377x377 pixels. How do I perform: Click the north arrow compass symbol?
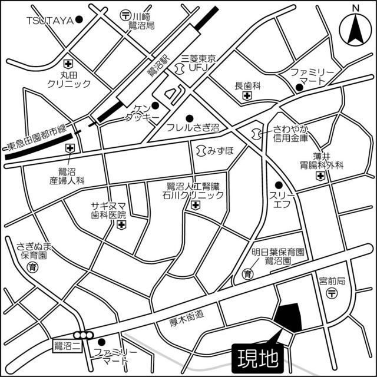[355, 27]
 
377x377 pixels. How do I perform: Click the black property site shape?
[289, 318]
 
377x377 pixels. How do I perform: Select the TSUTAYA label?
[49, 20]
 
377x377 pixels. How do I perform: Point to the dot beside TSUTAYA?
[79, 20]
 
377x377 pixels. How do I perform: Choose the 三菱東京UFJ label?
[199, 63]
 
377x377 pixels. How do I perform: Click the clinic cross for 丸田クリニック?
[69, 62]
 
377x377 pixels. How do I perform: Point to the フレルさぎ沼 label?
[193, 127]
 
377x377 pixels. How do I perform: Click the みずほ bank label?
[216, 150]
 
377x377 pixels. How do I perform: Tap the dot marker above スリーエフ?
[279, 185]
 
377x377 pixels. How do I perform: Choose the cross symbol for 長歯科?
[247, 95]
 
